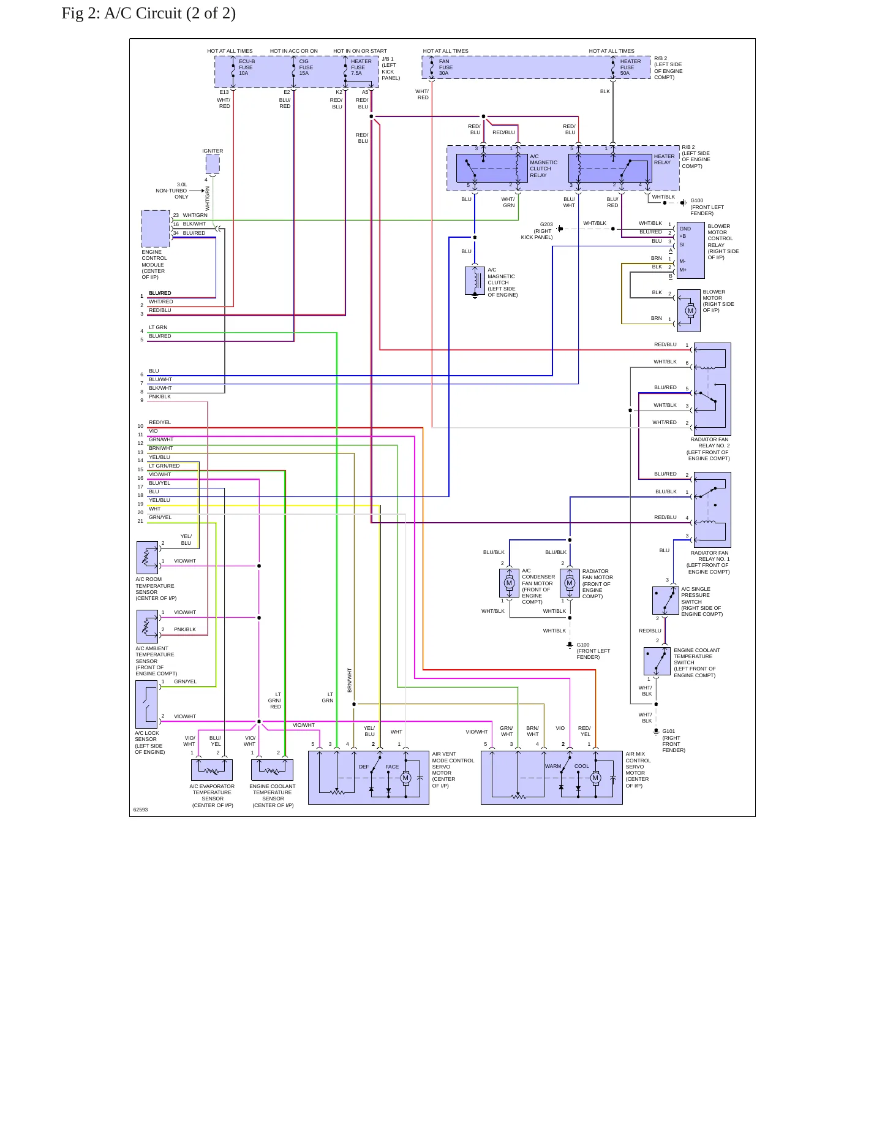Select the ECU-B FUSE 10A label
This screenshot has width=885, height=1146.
(x=246, y=67)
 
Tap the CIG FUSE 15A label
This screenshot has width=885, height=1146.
(x=306, y=67)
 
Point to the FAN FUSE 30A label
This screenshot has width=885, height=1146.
(x=445, y=67)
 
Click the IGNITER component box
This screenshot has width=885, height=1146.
(x=213, y=164)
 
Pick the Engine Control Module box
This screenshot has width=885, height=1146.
(x=156, y=229)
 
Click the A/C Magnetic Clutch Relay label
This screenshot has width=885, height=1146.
(x=543, y=166)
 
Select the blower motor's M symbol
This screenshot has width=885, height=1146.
(x=690, y=311)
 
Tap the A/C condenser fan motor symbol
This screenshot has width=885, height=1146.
(x=509, y=583)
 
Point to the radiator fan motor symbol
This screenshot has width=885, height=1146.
(x=570, y=583)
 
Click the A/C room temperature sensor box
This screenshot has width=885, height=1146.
(x=148, y=558)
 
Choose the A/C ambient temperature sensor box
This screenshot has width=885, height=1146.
(x=148, y=627)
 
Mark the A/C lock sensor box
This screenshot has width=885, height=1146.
(x=147, y=705)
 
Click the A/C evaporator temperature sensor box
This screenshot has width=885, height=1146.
(x=212, y=770)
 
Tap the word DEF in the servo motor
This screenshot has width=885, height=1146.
(x=364, y=767)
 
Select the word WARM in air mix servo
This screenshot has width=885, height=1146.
(x=553, y=766)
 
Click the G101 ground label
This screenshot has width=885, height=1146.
(x=669, y=731)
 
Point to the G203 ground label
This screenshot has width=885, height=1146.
(x=546, y=224)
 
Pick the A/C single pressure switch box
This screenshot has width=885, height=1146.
(x=666, y=601)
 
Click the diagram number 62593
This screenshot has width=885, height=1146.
(x=141, y=810)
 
